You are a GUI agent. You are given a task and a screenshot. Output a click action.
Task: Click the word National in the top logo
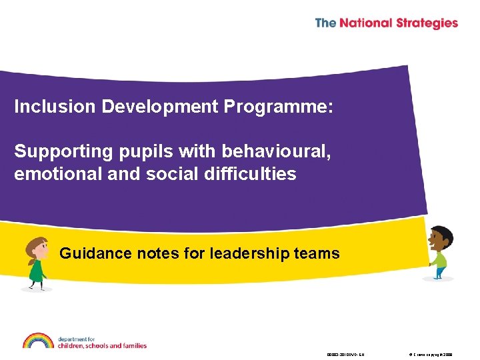tap(367, 23)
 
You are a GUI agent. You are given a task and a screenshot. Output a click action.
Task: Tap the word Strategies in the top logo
tap(427, 23)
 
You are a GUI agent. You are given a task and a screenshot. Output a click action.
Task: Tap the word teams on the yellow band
tap(317, 253)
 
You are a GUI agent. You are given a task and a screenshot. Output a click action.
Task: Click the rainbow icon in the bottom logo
tap(38, 341)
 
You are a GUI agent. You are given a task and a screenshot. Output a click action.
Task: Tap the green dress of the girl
tap(36, 271)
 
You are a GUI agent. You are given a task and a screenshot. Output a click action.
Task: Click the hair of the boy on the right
tap(443, 234)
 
